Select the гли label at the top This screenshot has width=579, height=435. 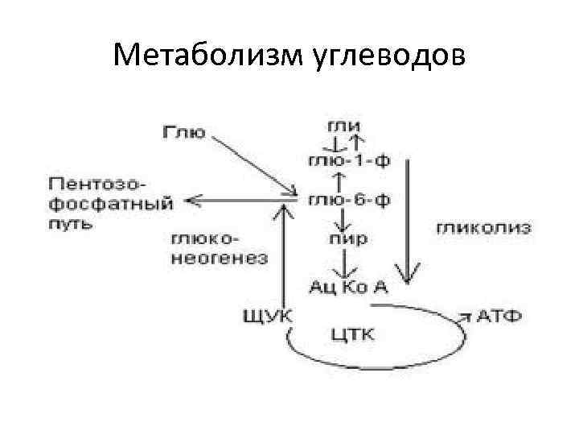343,126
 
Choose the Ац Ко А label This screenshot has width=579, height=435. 348,286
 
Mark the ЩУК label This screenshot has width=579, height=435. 268,314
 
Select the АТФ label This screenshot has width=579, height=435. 499,314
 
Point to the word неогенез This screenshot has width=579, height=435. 220,259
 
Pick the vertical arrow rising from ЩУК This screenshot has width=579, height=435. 282,258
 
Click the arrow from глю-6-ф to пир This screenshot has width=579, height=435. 343,219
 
